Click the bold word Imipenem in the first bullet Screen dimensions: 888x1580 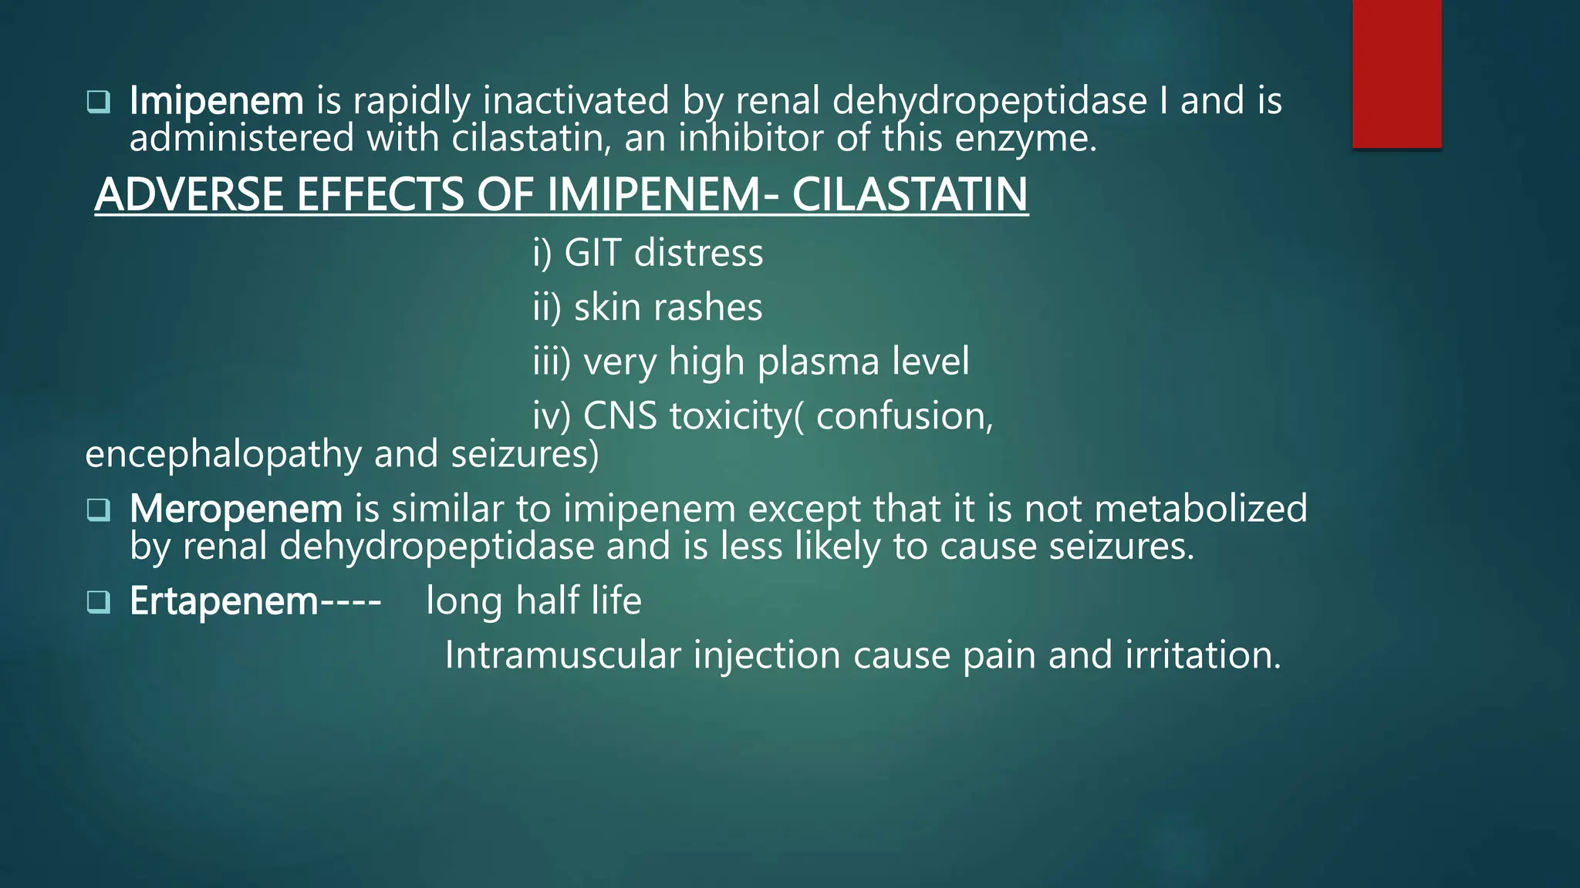[217, 101]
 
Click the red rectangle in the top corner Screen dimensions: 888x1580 [1396, 73]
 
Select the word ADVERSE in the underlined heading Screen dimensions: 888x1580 [189, 194]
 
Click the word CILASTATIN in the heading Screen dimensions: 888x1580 [910, 194]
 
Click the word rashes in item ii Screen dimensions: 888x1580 [707, 308]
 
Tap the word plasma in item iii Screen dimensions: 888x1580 [819, 362]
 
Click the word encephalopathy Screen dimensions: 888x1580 [223, 454]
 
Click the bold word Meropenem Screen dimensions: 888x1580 [236, 509]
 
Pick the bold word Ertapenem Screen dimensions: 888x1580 [224, 601]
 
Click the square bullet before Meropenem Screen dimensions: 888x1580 [99, 510]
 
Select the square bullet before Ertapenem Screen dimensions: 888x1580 [99, 602]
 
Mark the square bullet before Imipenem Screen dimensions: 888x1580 [99, 102]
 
